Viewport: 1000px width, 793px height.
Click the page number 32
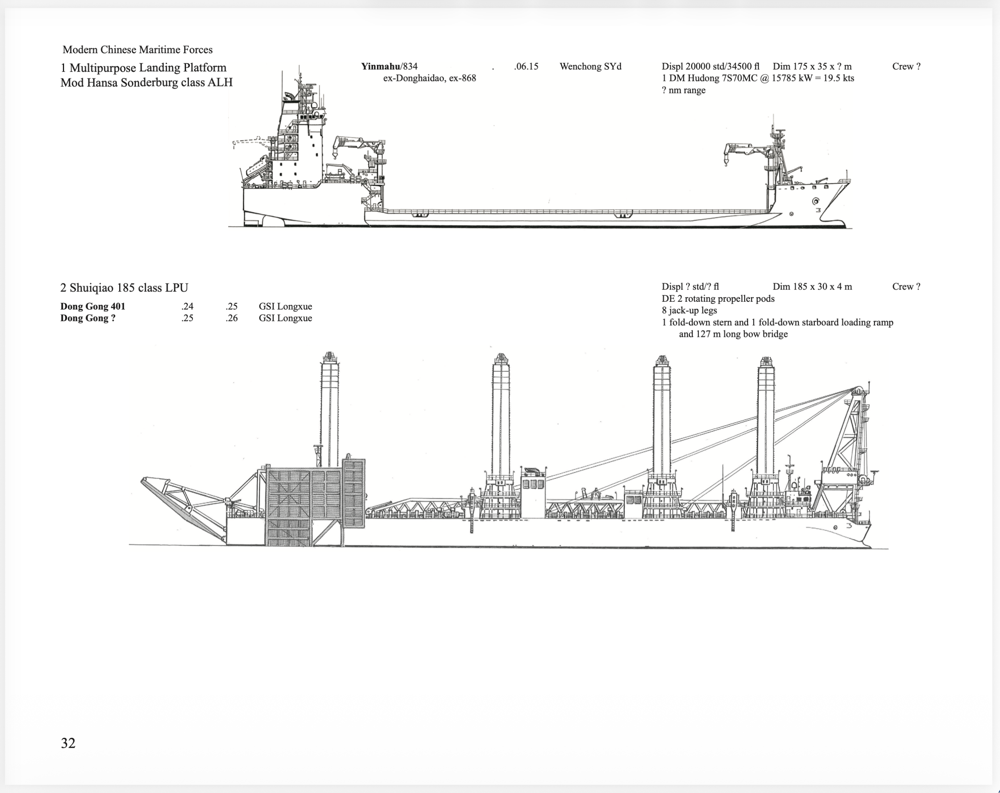point(68,743)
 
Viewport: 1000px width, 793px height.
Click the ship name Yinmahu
point(380,66)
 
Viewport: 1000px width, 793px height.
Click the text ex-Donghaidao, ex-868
point(430,78)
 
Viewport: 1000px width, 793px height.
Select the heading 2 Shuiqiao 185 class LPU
point(124,288)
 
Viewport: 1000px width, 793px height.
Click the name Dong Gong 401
point(93,306)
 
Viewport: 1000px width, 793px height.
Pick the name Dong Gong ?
point(87,318)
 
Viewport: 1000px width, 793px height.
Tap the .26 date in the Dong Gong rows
point(232,318)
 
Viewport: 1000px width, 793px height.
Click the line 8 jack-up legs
point(689,310)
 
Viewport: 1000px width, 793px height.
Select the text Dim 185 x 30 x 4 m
point(812,287)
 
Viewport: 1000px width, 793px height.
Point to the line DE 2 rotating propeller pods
point(718,299)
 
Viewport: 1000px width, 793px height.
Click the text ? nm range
point(683,90)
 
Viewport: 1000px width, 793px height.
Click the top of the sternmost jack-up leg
point(329,357)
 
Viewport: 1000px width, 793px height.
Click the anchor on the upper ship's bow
point(815,201)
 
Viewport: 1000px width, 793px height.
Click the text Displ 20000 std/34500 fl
point(710,66)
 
